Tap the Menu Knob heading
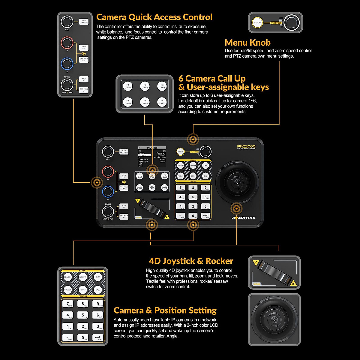coord(247,43)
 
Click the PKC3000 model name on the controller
coord(246,146)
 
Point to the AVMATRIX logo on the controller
coord(244,217)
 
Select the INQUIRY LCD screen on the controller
coord(152,157)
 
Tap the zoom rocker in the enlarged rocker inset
coord(273,272)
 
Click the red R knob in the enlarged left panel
coord(67,43)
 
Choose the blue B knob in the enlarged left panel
coord(67,64)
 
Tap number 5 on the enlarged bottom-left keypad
coord(83,315)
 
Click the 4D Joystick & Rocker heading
coord(191,261)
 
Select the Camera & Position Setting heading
coord(165,310)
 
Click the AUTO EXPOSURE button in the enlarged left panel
coord(84,22)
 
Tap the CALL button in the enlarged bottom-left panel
coord(98,290)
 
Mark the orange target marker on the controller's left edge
coord(97,182)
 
